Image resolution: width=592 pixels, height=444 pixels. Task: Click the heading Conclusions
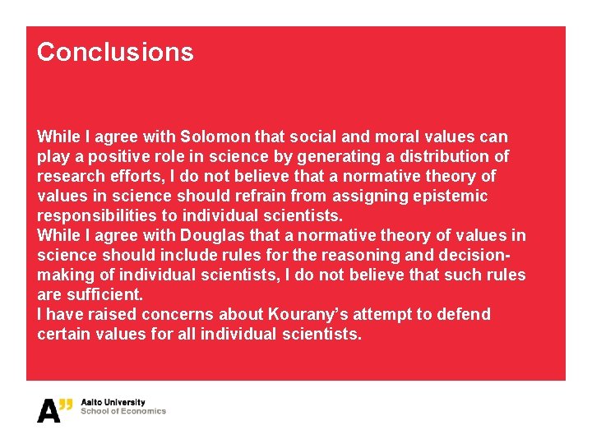(115, 52)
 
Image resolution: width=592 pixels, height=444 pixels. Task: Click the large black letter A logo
(49, 410)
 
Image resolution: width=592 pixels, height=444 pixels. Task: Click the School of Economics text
(123, 411)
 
